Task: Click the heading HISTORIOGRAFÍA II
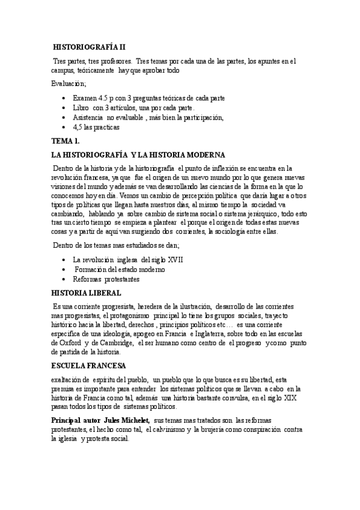click(x=89, y=46)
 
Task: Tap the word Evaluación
click(x=69, y=84)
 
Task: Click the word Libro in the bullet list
click(x=81, y=107)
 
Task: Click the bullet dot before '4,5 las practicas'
click(x=64, y=127)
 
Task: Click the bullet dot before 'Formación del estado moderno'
click(x=64, y=269)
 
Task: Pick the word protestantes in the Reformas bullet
click(x=122, y=279)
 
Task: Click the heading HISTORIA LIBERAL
click(x=87, y=293)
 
